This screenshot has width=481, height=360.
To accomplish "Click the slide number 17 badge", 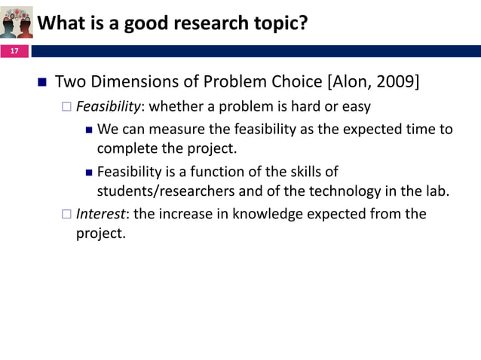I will coord(14,51).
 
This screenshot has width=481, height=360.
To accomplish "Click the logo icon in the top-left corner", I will coord(17,22).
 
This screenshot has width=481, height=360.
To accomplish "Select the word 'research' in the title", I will coord(200,24).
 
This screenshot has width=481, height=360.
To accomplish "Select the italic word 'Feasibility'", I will coord(104,106).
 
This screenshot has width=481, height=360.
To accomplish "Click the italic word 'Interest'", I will coord(100,214).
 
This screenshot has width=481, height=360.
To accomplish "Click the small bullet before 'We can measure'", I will coord(88,129).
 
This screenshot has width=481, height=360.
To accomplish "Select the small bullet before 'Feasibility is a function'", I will coord(88,172).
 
